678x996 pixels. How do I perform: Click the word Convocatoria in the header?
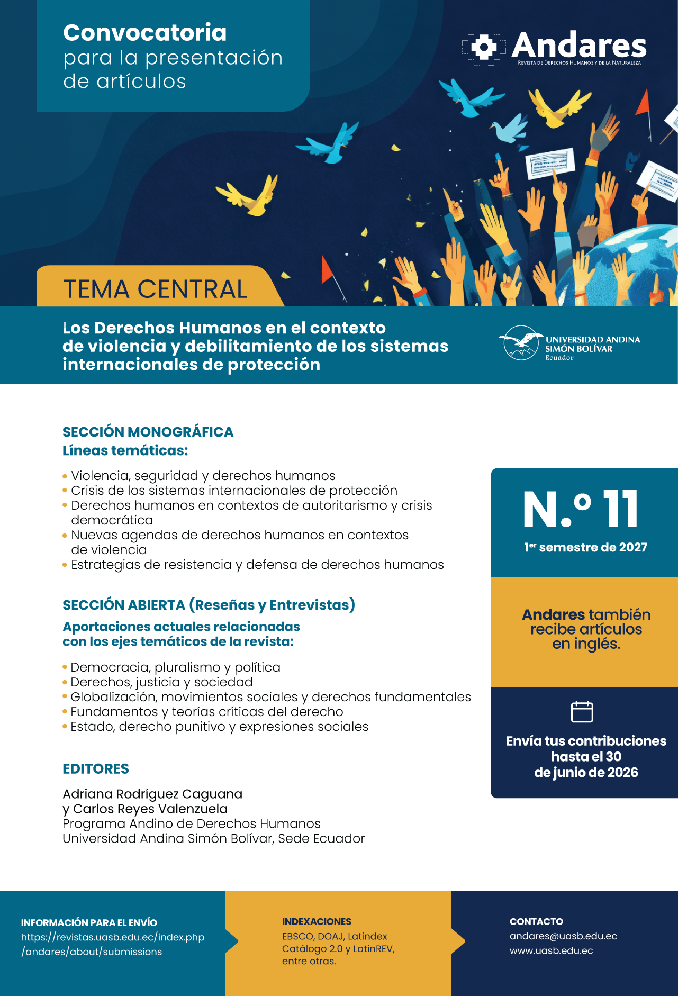(x=144, y=33)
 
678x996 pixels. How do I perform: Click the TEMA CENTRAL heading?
(x=156, y=289)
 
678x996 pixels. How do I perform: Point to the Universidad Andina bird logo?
(x=521, y=343)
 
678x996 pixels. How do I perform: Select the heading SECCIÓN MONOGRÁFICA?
(x=148, y=432)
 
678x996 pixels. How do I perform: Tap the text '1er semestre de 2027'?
(x=586, y=547)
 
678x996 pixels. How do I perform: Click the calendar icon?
(x=582, y=711)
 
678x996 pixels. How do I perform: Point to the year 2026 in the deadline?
(x=622, y=772)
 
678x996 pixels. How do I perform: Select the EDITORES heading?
(x=96, y=768)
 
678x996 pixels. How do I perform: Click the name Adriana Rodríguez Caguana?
(x=152, y=794)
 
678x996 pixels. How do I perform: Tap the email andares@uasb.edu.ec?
(x=563, y=936)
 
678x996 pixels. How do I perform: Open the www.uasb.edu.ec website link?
(x=551, y=950)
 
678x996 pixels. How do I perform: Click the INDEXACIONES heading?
(x=317, y=921)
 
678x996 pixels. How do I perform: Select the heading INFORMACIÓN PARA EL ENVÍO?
(x=89, y=922)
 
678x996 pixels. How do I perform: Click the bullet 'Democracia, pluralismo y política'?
(x=175, y=667)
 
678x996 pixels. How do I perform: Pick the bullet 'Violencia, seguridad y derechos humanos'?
(x=203, y=476)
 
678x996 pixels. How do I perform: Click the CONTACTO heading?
(x=536, y=921)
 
